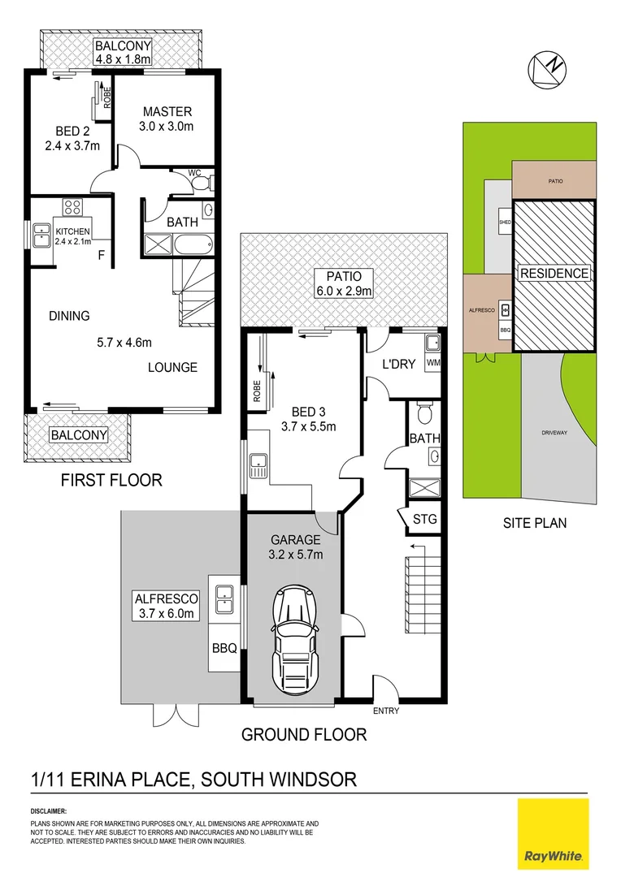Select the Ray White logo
(553, 832)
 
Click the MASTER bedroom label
(167, 112)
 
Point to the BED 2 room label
(72, 131)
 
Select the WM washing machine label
(432, 362)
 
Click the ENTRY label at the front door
(385, 711)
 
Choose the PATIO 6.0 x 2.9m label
(345, 283)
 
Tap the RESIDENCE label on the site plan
(554, 273)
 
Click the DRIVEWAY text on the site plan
(554, 433)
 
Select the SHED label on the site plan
(503, 222)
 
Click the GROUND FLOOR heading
(304, 735)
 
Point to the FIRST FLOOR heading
(111, 481)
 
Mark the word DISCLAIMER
(48, 811)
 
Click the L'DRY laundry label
(399, 365)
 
